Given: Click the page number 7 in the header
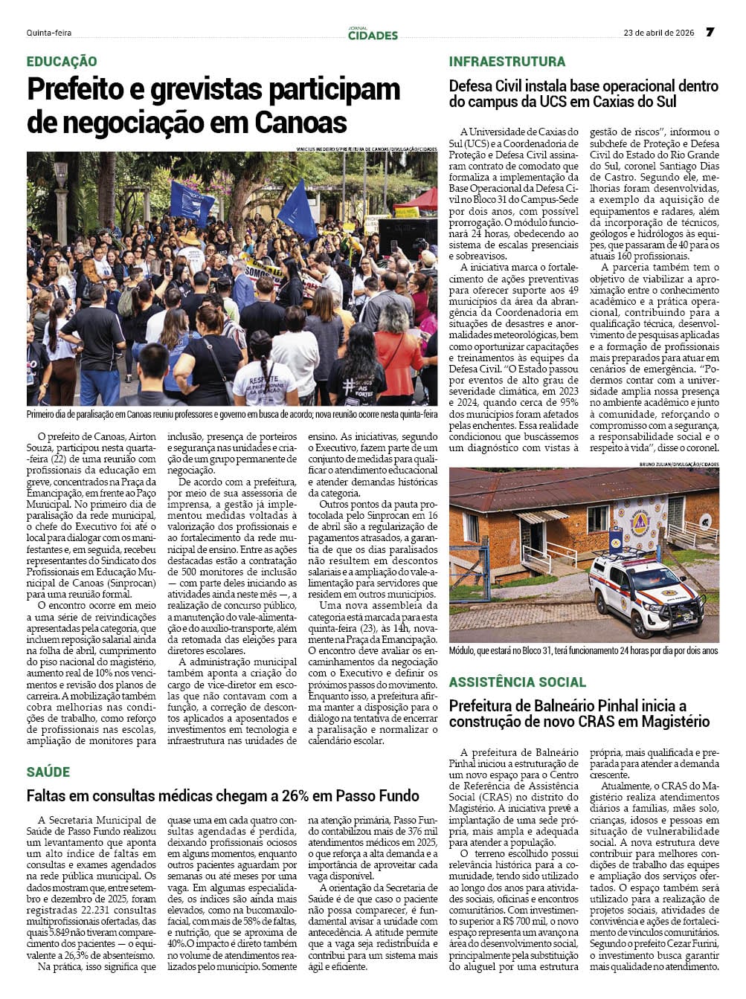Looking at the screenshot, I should point(710,32).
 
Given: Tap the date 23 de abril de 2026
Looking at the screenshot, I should point(658,33).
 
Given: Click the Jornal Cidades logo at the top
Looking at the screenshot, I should point(373,33).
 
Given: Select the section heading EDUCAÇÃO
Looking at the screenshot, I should point(62,62).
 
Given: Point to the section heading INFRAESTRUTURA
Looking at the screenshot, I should point(507,62).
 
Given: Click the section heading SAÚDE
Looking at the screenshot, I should point(48,772).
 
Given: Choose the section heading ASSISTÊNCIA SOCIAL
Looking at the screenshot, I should point(518,682).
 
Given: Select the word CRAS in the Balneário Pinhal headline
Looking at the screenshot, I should point(595,722).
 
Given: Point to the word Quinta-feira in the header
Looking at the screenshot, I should point(49,33).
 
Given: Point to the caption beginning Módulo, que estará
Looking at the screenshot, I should point(583,651).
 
